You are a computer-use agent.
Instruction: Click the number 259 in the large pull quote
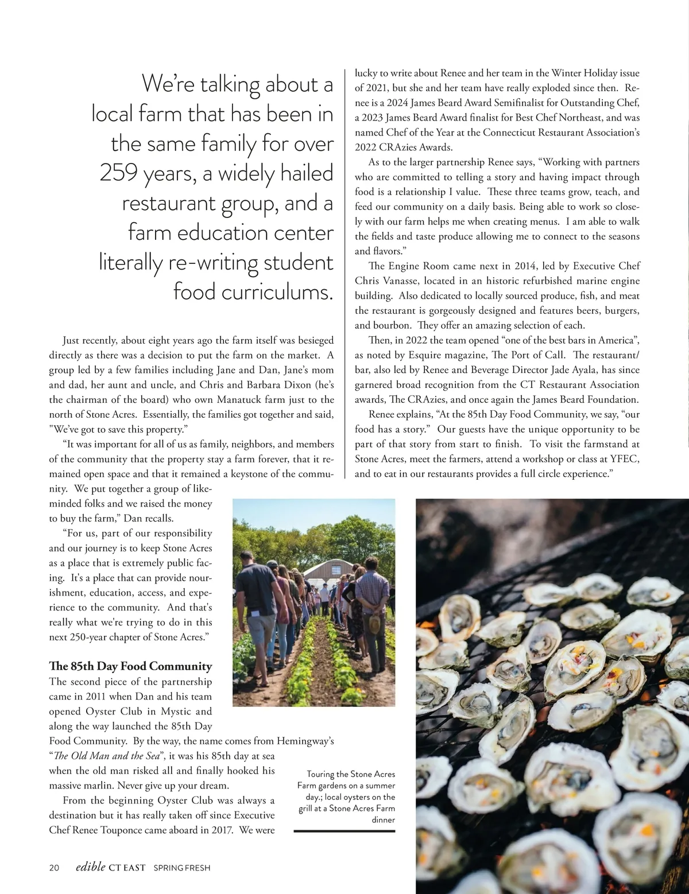click(x=119, y=173)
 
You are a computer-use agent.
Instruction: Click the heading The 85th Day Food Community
click(x=130, y=666)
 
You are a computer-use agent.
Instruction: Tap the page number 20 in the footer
click(x=54, y=868)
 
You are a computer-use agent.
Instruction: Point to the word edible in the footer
click(x=90, y=867)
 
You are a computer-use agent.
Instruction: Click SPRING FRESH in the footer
click(x=181, y=868)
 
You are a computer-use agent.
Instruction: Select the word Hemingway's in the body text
click(x=305, y=741)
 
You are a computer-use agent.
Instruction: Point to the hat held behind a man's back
click(x=375, y=622)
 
